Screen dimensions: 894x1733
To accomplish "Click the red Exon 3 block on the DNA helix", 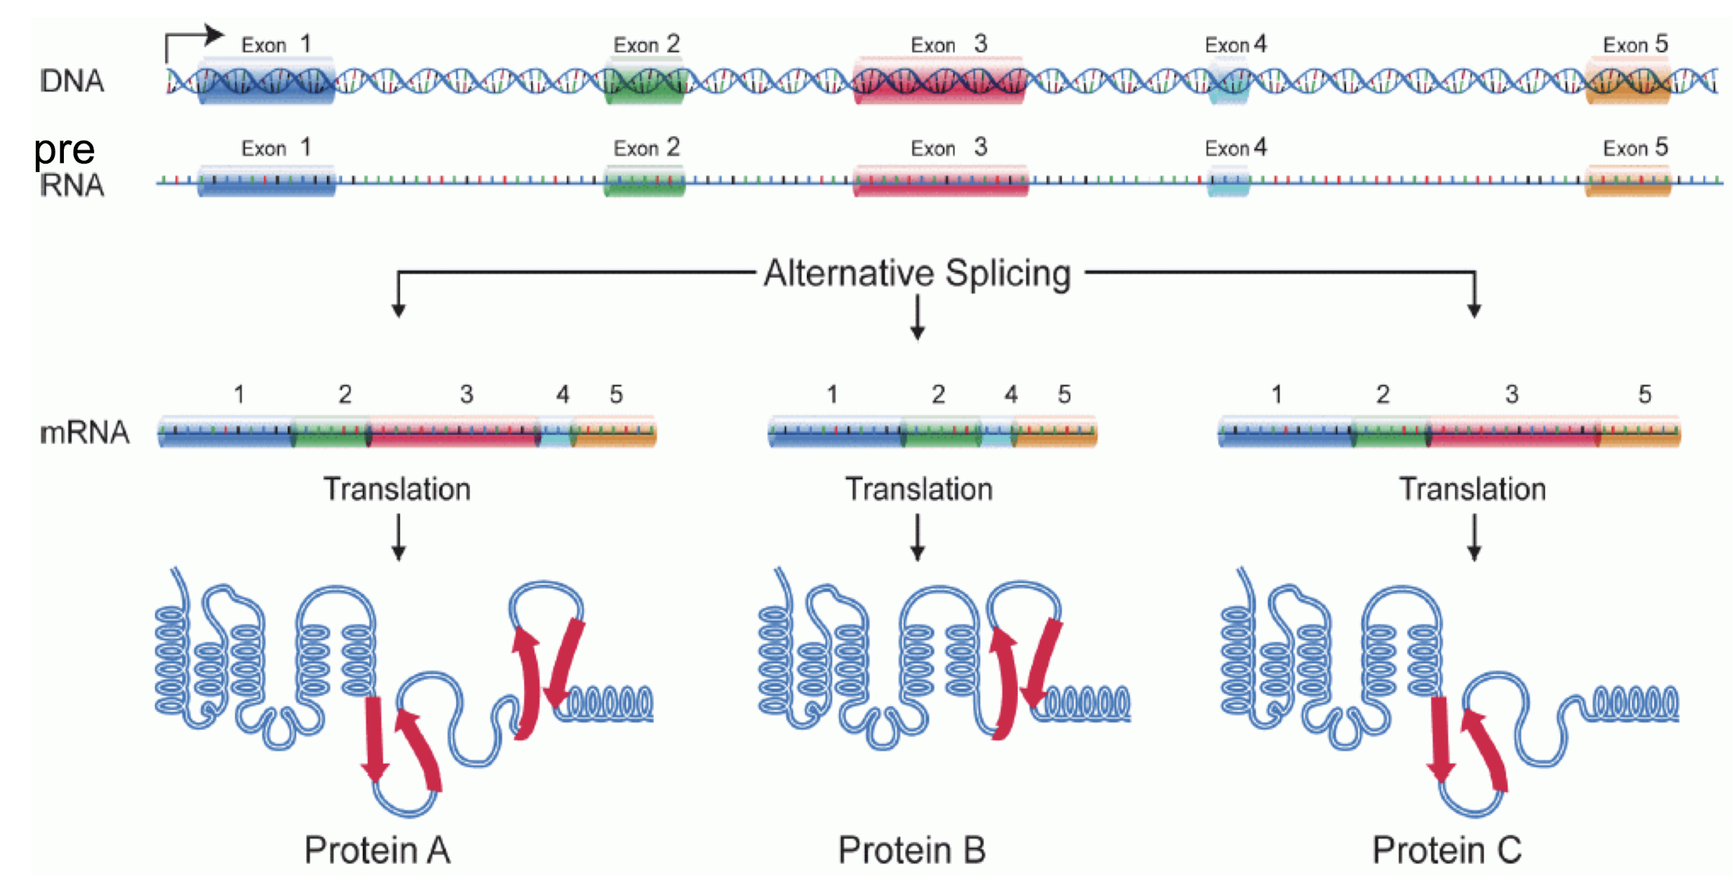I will coord(938,80).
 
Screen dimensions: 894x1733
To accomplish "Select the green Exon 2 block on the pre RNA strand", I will coord(644,182).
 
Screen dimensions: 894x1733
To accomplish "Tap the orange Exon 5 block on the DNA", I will coord(1628,80).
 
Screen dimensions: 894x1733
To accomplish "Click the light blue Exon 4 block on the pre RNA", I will coord(1229,182).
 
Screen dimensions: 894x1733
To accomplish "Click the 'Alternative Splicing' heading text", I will coord(917,273).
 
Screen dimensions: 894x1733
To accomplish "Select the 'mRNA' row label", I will coord(85,433).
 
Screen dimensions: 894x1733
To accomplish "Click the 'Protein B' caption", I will coord(912,850).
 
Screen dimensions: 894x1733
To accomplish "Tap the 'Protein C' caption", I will coord(1447,850).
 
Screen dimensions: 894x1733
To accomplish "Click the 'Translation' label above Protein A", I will coord(397,489).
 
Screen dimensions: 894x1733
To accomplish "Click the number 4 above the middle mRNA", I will coord(1011,394).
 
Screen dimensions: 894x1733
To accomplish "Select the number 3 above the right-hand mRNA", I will coord(1511,394).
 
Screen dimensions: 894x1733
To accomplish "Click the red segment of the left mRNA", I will coord(453,433).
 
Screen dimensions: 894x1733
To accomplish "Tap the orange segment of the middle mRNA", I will coord(1054,433).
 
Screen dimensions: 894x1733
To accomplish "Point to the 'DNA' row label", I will coord(72,81).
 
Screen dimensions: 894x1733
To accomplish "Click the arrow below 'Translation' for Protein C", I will coord(1474,537).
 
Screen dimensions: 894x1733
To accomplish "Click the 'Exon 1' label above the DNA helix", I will coord(276,45).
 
